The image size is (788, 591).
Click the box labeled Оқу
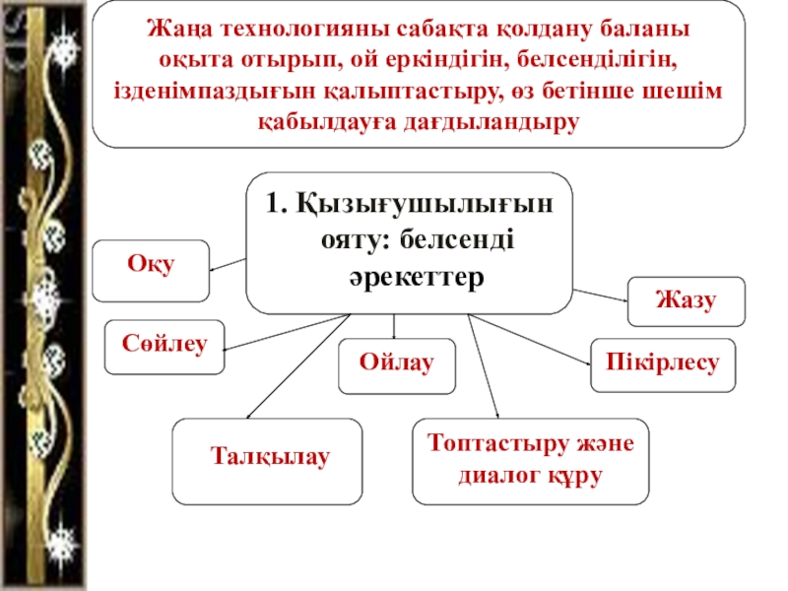pos(150,269)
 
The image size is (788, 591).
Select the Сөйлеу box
pos(164,346)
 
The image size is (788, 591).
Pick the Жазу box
pos(687,301)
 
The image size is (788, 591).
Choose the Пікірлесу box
pos(656,363)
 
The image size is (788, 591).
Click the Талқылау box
pos(267,459)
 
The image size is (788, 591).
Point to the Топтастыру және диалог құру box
pos(531,460)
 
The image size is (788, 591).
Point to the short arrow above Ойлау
pos(395,328)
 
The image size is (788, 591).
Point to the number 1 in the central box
pos(273,204)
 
